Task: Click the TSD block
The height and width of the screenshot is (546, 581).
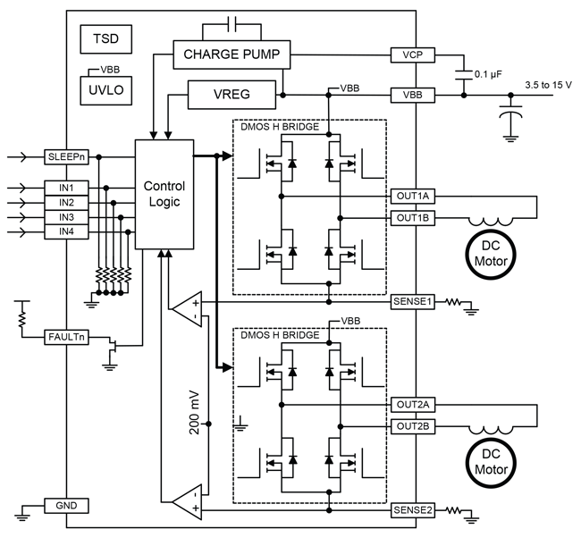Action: (x=106, y=39)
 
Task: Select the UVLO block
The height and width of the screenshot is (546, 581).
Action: (x=106, y=91)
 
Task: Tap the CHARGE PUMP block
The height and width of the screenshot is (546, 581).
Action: (x=232, y=55)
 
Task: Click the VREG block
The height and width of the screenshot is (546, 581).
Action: (x=232, y=95)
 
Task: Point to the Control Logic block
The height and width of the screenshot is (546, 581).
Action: (x=164, y=194)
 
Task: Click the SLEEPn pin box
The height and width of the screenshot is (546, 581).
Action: (x=66, y=157)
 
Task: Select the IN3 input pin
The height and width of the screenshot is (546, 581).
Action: (x=66, y=217)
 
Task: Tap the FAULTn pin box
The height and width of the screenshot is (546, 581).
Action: (x=66, y=338)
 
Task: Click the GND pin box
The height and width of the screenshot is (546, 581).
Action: (x=66, y=506)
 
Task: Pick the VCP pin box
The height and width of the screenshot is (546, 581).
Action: (x=412, y=55)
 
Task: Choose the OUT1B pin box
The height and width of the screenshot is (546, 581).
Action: (x=413, y=218)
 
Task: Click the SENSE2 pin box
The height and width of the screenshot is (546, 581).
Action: (x=413, y=510)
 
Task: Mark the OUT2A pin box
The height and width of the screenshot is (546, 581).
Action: (x=413, y=405)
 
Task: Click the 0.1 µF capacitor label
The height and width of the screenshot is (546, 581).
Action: (x=488, y=74)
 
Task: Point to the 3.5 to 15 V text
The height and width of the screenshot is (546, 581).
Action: (x=549, y=85)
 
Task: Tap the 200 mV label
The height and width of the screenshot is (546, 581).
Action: (x=194, y=412)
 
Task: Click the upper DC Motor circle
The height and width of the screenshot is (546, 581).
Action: (x=491, y=254)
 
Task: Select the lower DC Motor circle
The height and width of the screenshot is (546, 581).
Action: (x=491, y=462)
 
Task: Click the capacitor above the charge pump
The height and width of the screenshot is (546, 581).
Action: (x=232, y=24)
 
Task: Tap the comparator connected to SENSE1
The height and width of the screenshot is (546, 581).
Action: (x=187, y=309)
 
